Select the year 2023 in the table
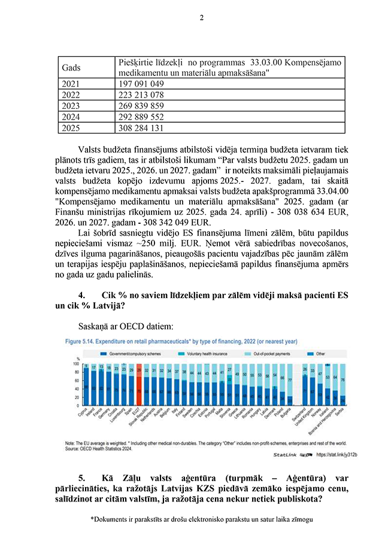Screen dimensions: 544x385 click(71, 106)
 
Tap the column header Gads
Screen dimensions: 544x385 click(72, 68)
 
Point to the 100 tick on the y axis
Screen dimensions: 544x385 click(75, 363)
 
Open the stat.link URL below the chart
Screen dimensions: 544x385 click(339, 455)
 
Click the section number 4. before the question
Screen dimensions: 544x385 click(83, 296)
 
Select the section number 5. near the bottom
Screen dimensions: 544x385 click(83, 479)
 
